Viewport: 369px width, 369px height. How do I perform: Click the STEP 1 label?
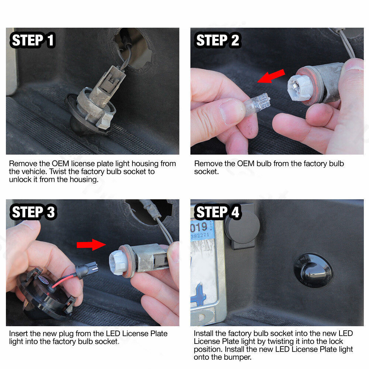[x=32, y=40]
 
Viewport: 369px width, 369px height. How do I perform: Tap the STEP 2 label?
[x=217, y=40]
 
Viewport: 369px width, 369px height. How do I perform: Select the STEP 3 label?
[x=33, y=212]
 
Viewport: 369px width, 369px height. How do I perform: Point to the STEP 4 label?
[x=217, y=212]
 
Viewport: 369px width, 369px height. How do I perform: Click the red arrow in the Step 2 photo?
[x=271, y=76]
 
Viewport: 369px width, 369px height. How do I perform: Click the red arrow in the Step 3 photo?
[x=91, y=245]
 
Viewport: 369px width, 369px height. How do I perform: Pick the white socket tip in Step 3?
[x=118, y=262]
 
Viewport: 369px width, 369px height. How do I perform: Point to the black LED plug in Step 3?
[x=87, y=269]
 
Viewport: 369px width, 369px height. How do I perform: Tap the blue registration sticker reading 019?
[x=202, y=230]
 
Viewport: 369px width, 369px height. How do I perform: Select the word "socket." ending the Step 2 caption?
[x=206, y=172]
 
